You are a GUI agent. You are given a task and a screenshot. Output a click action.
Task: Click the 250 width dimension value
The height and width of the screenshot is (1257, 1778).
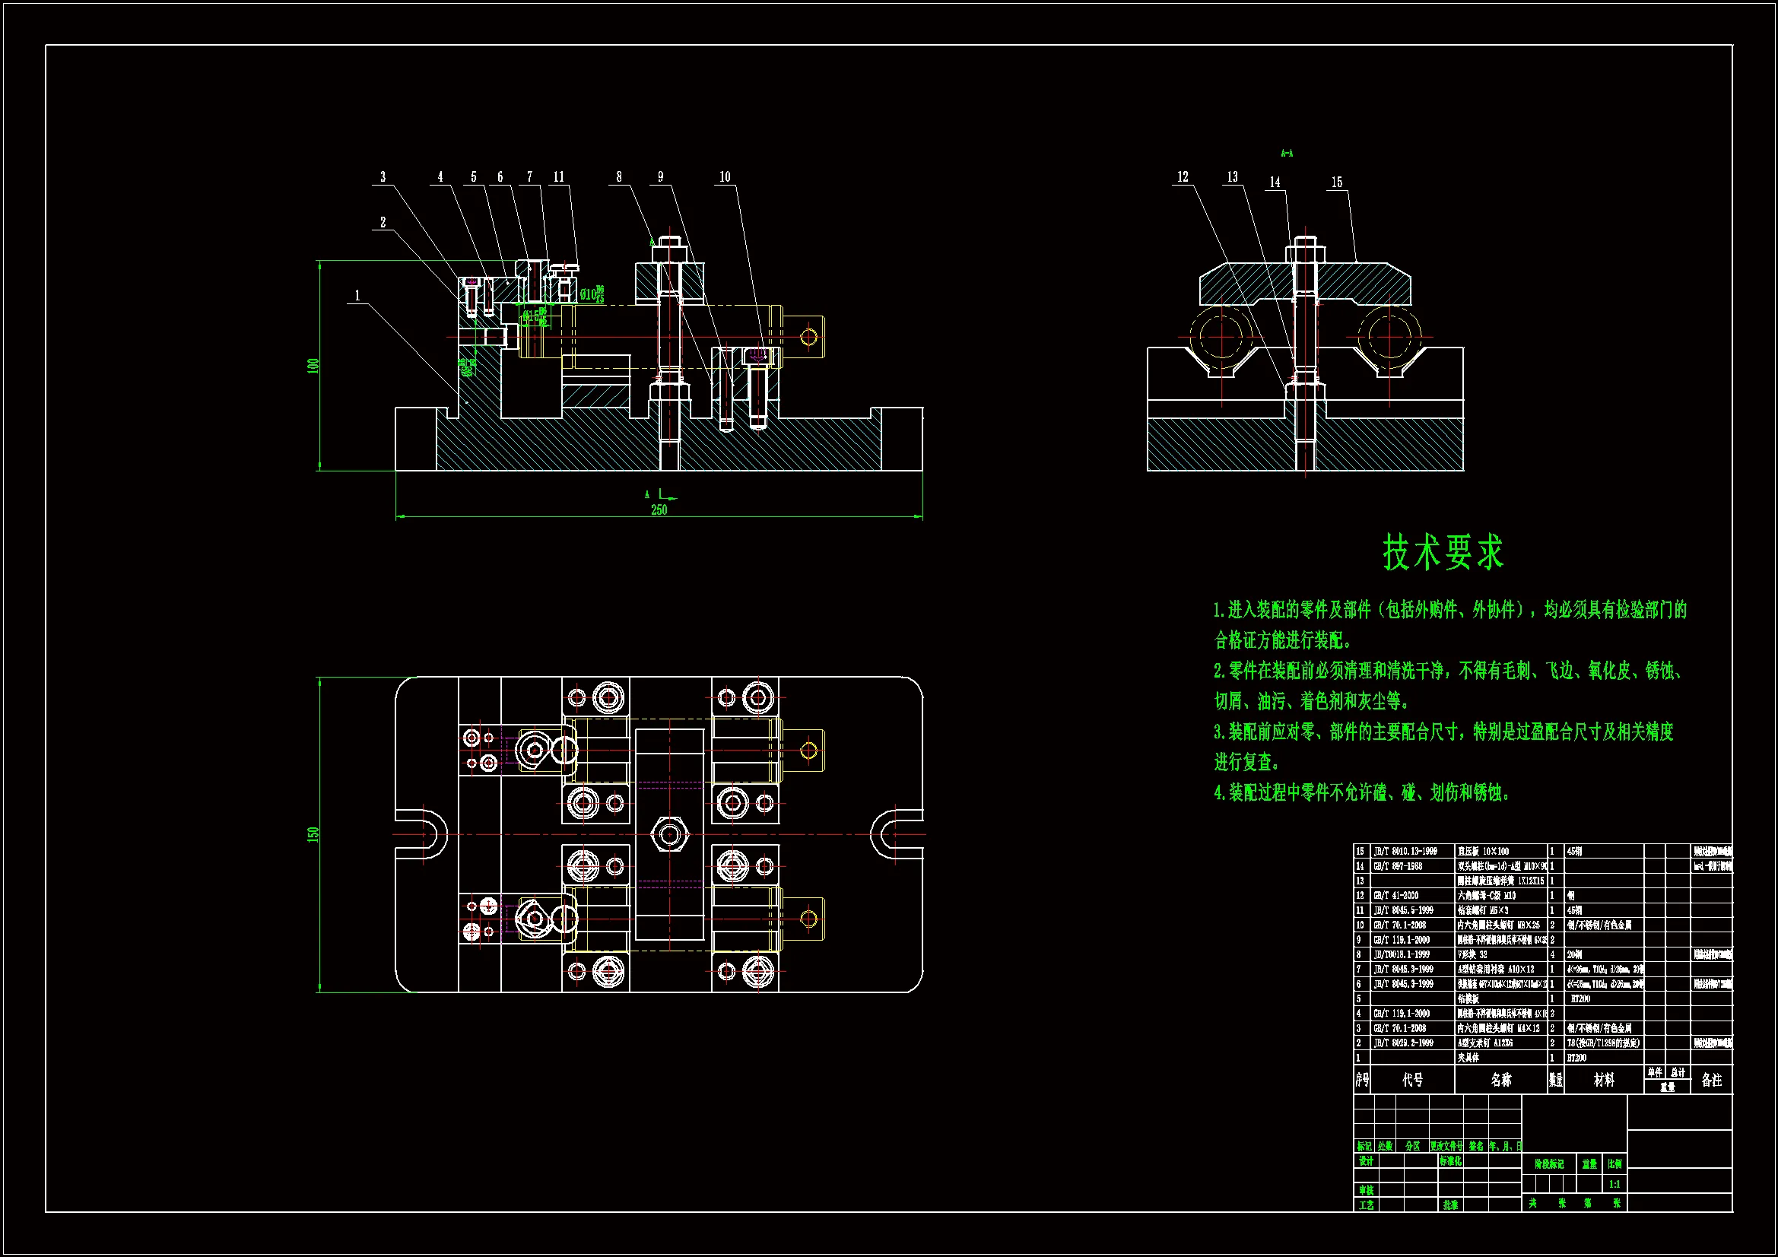pyautogui.click(x=659, y=509)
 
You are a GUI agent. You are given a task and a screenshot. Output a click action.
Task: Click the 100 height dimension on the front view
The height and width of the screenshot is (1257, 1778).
pyautogui.click(x=313, y=365)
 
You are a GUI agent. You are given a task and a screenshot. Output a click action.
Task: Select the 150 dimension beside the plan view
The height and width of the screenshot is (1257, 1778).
pyautogui.click(x=313, y=834)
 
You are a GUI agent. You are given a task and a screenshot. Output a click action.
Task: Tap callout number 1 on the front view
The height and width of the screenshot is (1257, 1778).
pyautogui.click(x=357, y=295)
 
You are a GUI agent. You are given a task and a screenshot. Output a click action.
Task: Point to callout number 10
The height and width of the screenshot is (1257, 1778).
pyautogui.click(x=725, y=176)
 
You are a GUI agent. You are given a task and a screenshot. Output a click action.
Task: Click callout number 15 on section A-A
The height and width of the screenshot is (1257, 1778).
pyautogui.click(x=1337, y=182)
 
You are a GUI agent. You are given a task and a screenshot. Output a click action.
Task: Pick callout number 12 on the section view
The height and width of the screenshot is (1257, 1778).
pyautogui.click(x=1183, y=176)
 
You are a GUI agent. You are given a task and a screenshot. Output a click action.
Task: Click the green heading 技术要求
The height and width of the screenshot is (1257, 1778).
pyautogui.click(x=1443, y=553)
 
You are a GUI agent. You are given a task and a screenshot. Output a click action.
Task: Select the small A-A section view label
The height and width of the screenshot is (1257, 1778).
pyautogui.click(x=1286, y=154)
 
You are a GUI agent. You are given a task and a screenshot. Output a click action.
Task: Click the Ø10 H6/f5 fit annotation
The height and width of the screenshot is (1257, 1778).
pyautogui.click(x=592, y=294)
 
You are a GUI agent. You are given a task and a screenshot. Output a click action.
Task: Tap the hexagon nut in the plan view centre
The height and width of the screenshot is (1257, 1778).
pyautogui.click(x=669, y=835)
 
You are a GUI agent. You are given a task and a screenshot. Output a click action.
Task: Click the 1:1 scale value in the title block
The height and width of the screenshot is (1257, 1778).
pyautogui.click(x=1614, y=1184)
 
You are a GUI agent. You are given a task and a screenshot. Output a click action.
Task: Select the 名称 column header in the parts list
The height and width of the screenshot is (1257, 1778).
pyautogui.click(x=1500, y=1080)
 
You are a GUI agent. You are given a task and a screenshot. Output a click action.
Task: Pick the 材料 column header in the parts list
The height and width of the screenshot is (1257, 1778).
pyautogui.click(x=1604, y=1080)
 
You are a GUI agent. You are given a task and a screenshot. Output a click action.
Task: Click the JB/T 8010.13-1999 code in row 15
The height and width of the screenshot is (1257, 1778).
pyautogui.click(x=1405, y=851)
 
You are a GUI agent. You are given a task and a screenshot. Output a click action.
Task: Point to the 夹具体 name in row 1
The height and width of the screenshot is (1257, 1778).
pyautogui.click(x=1468, y=1057)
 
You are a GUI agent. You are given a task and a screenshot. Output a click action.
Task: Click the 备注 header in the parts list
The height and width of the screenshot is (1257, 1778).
pyautogui.click(x=1711, y=1080)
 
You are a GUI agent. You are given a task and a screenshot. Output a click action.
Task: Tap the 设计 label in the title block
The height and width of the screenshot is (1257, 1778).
pyautogui.click(x=1366, y=1161)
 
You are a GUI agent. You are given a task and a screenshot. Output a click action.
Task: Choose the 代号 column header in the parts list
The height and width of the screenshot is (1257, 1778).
pyautogui.click(x=1412, y=1080)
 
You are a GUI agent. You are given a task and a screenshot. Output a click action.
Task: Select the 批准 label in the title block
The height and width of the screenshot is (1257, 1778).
pyautogui.click(x=1450, y=1205)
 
